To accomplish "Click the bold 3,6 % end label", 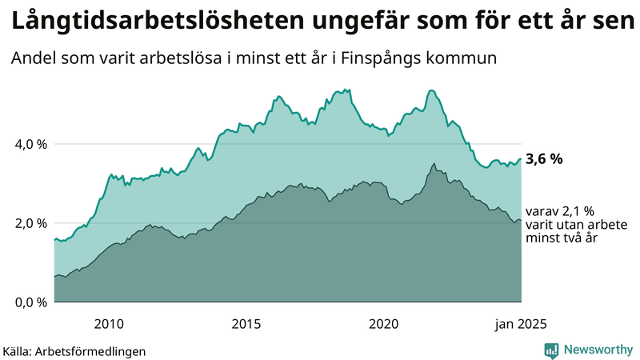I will (544, 159).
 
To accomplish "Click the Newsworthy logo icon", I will (551, 350).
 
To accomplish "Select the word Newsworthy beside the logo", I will (598, 350).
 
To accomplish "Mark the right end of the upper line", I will (521, 158).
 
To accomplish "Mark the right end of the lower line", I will (521, 220).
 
